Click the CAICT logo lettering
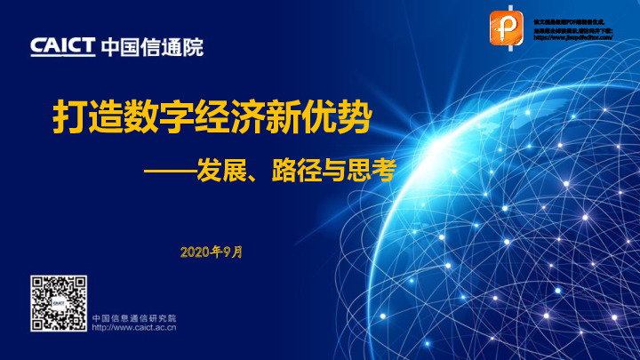click(x=62, y=46)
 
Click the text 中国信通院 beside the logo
click(x=152, y=46)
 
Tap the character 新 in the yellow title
click(x=292, y=117)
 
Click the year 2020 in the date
click(x=195, y=252)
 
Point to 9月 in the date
click(x=232, y=252)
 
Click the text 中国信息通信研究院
click(x=134, y=317)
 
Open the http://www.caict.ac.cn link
click(x=134, y=327)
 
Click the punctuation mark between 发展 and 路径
click(x=257, y=172)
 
